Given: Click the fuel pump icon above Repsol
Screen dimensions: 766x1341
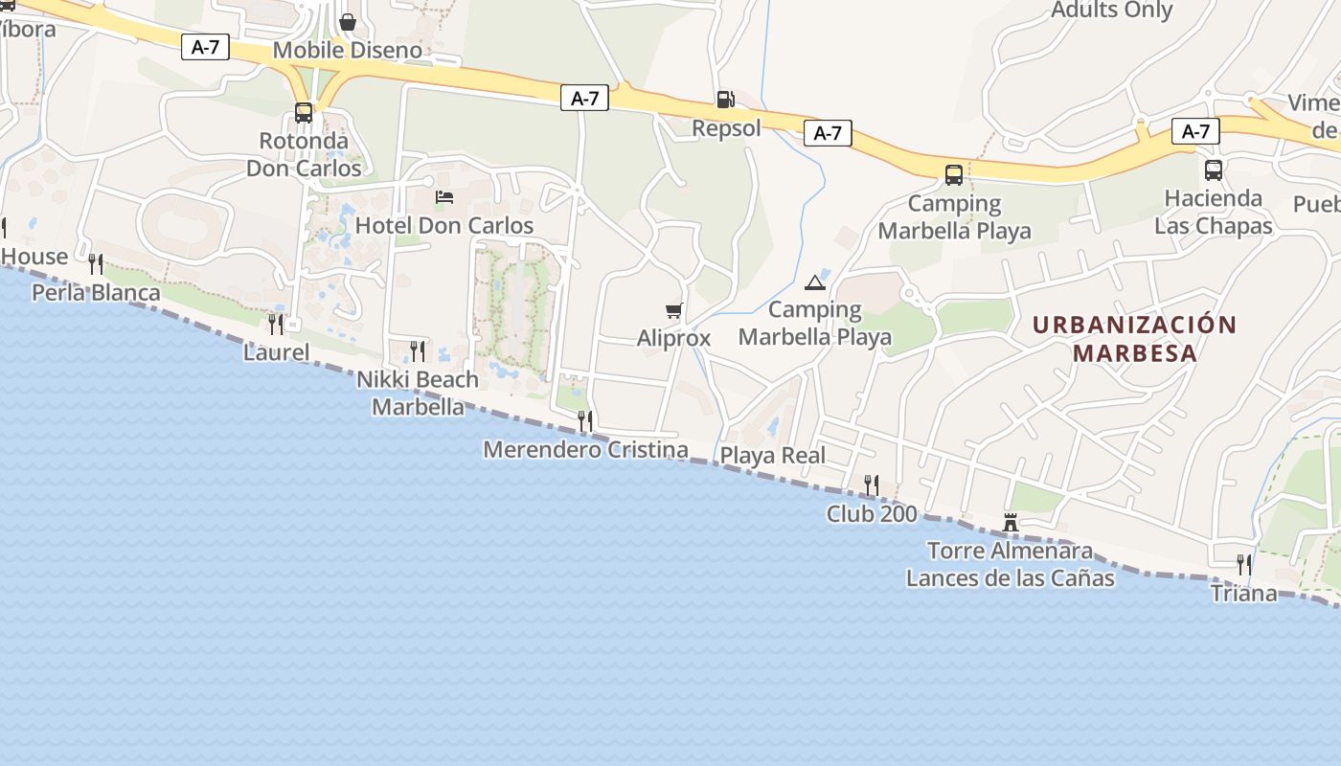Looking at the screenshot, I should (x=725, y=99).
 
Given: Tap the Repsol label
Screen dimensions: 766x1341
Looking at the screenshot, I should (x=726, y=128).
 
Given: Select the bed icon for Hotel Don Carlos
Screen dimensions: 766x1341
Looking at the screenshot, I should (x=444, y=197).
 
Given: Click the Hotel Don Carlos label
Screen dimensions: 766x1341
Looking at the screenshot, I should (x=444, y=226).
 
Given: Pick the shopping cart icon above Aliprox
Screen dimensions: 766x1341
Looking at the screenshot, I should (x=673, y=310).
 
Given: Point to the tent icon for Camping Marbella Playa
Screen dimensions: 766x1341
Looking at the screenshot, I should (x=814, y=282).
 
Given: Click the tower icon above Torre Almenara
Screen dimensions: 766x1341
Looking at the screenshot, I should (x=1010, y=523).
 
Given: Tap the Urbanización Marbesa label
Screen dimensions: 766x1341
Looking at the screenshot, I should (x=1135, y=338).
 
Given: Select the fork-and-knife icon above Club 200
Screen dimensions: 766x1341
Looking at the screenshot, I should (x=872, y=485).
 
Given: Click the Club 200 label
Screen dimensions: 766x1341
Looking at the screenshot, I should (x=872, y=514).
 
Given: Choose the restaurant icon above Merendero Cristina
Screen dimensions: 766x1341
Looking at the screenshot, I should (x=585, y=420).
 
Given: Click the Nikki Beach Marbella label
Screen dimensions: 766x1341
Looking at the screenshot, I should (x=418, y=394).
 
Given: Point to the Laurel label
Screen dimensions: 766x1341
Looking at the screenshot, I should (x=276, y=352).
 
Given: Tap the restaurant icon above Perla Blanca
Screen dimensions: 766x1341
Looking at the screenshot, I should (x=96, y=263).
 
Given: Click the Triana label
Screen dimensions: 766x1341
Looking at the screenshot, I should (x=1243, y=594).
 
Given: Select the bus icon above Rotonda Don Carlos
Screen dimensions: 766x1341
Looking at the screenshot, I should (x=304, y=113).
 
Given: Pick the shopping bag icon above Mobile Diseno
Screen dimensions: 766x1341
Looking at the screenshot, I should (x=347, y=21).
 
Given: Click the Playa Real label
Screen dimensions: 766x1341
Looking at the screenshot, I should (x=772, y=456).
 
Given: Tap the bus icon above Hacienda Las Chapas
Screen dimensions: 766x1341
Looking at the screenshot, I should (x=1213, y=170).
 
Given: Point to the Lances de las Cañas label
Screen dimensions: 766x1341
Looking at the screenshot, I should (x=1010, y=578).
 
